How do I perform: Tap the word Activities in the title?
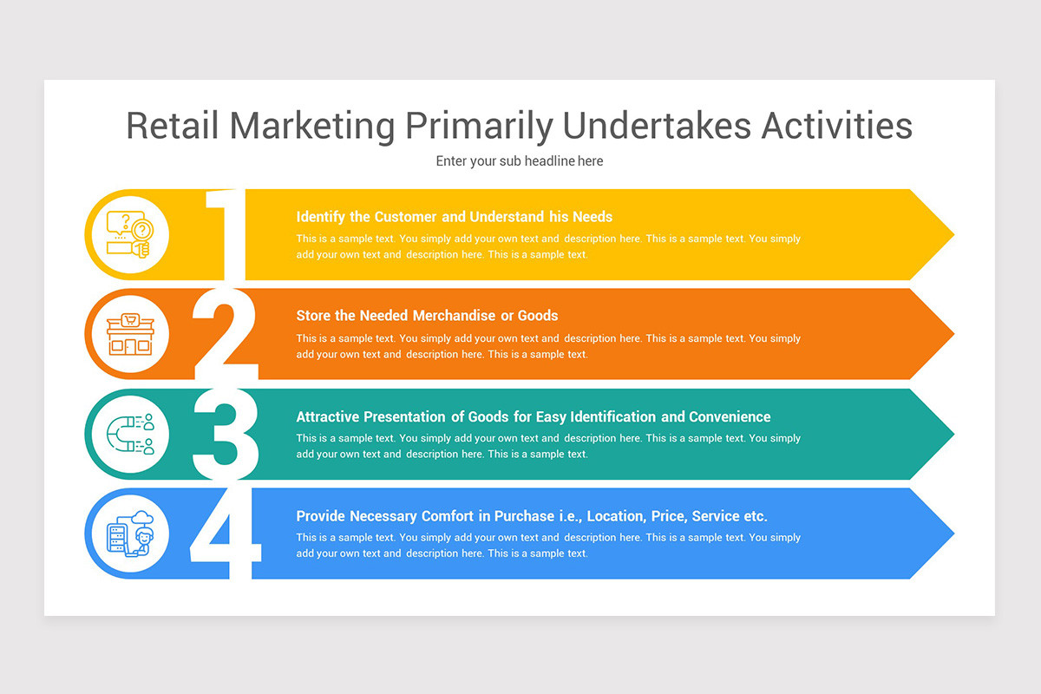pos(837,126)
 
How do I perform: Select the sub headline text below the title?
pos(520,161)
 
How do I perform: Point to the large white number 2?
pos(225,334)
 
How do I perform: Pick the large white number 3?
pos(225,434)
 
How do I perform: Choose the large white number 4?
pos(225,534)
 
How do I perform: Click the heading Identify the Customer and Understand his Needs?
pos(454,217)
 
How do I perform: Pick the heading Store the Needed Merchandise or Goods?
pos(427,316)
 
